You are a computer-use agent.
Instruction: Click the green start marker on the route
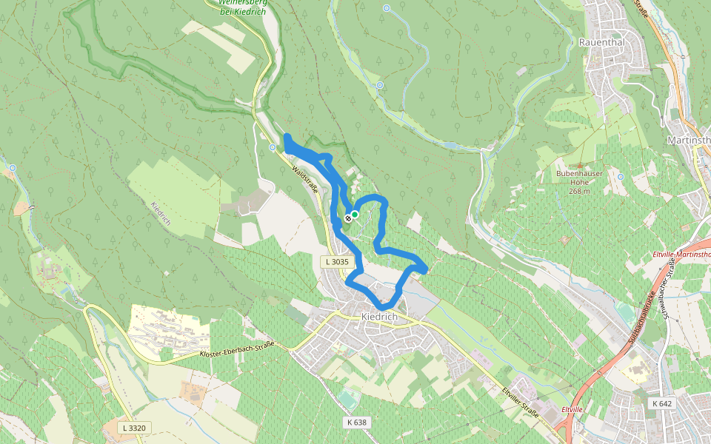click(x=355, y=215)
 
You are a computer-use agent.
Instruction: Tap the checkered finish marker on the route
click(x=347, y=218)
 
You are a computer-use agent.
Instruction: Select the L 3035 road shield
click(x=336, y=262)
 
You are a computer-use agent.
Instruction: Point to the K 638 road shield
click(x=356, y=422)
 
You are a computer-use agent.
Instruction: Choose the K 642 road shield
click(x=663, y=403)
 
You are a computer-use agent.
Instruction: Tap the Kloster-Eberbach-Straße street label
click(x=237, y=350)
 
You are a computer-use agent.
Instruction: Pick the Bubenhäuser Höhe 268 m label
click(x=578, y=182)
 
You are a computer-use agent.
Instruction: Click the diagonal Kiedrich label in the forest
click(x=161, y=214)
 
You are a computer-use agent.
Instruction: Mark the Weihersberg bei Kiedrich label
click(x=242, y=7)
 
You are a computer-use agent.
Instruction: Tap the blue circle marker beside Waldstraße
click(x=271, y=147)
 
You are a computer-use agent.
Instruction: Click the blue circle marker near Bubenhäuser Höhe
click(x=621, y=176)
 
